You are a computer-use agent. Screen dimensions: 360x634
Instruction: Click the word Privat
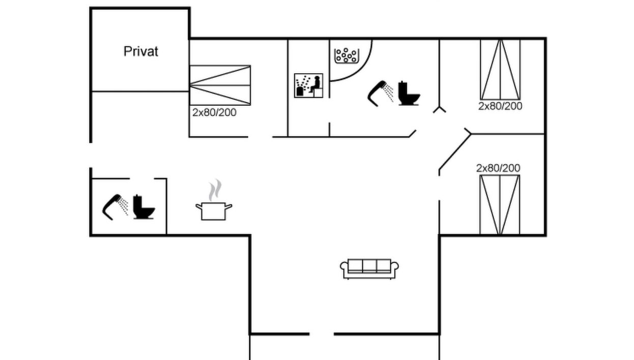[141, 51]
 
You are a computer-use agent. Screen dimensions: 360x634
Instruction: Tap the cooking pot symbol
[214, 210]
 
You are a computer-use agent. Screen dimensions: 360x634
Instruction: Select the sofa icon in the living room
[369, 268]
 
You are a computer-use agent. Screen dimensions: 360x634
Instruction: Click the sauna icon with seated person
[309, 86]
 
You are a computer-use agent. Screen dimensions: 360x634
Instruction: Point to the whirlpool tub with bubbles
[347, 55]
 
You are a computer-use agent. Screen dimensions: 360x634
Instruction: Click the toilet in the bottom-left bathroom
[143, 207]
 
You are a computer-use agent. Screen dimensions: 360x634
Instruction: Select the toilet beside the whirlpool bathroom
[409, 94]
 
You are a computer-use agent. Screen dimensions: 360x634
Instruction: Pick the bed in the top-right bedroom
[501, 69]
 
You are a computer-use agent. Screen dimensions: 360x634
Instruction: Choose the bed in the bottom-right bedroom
[500, 204]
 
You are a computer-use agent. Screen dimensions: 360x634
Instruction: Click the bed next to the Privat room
[220, 85]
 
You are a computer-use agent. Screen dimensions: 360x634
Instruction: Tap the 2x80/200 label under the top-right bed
[500, 106]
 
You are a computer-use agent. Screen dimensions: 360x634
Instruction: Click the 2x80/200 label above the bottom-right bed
[498, 168]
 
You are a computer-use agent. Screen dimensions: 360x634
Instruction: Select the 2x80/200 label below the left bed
[214, 113]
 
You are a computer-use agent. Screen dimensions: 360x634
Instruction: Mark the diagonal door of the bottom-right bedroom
[454, 151]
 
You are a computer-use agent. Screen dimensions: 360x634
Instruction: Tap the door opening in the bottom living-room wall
[322, 334]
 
